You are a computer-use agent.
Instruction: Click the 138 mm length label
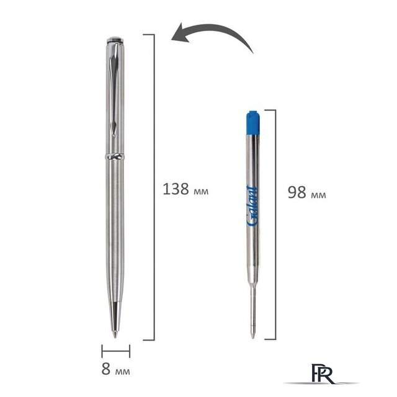[185, 189]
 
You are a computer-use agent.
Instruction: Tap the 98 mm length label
[307, 192]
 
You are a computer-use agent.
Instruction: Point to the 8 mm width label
[116, 369]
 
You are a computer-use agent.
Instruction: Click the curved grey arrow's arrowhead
[181, 34]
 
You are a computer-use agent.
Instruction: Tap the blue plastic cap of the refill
[253, 123]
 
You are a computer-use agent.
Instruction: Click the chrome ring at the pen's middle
[115, 156]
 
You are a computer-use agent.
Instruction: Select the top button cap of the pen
[115, 40]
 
